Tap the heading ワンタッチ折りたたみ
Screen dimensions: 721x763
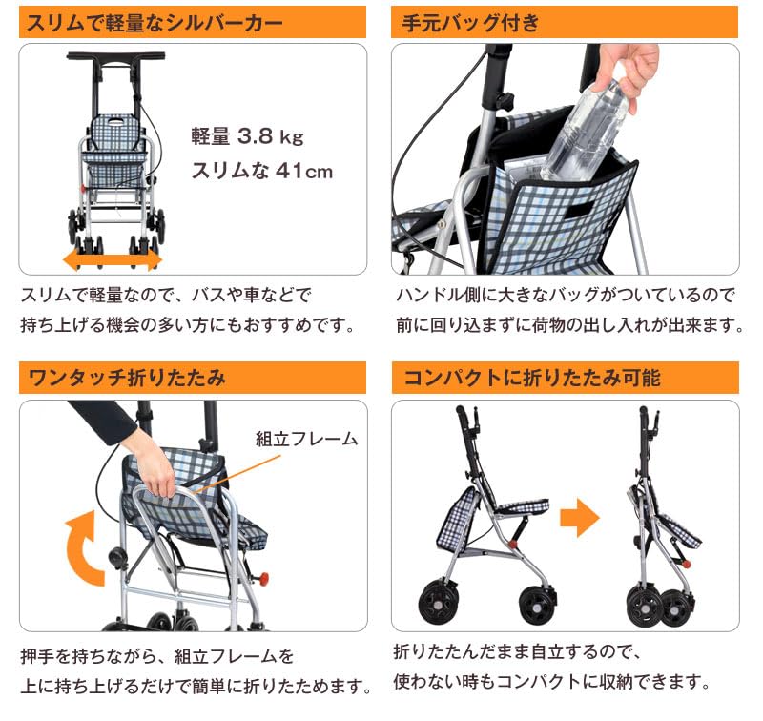click(x=124, y=377)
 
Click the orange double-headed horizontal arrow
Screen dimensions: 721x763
click(x=113, y=259)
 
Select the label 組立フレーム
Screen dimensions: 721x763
click(x=306, y=439)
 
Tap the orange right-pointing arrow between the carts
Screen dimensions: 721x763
click(x=579, y=519)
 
